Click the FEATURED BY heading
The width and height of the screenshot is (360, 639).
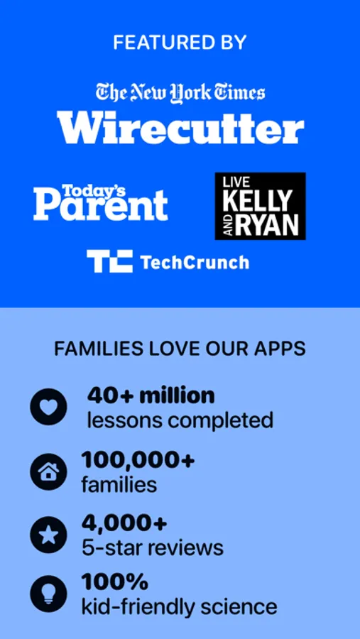pos(180,43)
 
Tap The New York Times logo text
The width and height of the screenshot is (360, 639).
pos(180,92)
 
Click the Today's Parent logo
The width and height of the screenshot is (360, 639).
pos(100,202)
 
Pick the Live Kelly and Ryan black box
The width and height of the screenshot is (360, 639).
pos(260,206)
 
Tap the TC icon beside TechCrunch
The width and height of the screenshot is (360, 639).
pos(109,261)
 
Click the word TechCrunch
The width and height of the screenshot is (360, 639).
pos(195,261)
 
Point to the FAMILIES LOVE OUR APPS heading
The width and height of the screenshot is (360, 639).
pos(180,349)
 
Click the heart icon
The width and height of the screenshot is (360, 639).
pos(48,407)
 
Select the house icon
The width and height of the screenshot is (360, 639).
pos(48,472)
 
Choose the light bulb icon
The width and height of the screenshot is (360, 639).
pos(48,594)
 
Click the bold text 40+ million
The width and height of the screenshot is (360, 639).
pos(151,395)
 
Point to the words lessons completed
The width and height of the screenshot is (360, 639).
pos(180,420)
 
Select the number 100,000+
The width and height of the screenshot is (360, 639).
pos(138,459)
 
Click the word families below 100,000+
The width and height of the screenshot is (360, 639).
pos(119,485)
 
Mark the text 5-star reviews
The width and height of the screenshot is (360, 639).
pos(153,547)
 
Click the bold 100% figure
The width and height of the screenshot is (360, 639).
pos(115,581)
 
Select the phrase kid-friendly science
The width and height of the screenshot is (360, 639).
pos(180,606)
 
